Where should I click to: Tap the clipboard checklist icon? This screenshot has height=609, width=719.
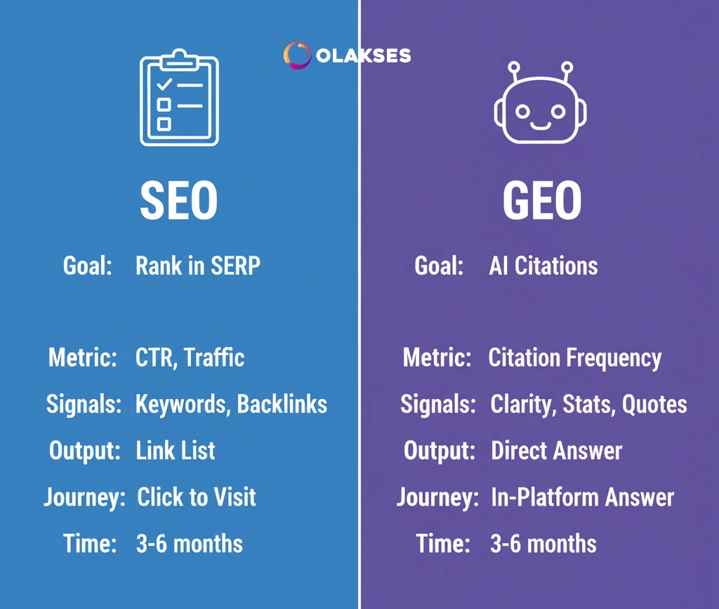click(179, 98)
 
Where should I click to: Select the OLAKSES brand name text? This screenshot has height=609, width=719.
click(364, 56)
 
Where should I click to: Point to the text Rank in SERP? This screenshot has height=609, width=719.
click(198, 266)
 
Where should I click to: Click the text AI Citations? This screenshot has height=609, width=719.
click(543, 266)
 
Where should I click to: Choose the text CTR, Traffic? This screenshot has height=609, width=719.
click(190, 358)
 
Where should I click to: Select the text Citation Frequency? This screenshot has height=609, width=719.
click(575, 358)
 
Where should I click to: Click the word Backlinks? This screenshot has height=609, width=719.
click(282, 404)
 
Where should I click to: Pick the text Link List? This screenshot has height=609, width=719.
click(176, 450)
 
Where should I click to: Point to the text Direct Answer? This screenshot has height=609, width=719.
click(557, 450)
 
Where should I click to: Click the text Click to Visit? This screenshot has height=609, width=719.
click(197, 497)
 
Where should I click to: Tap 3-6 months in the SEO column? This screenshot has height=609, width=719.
click(190, 544)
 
